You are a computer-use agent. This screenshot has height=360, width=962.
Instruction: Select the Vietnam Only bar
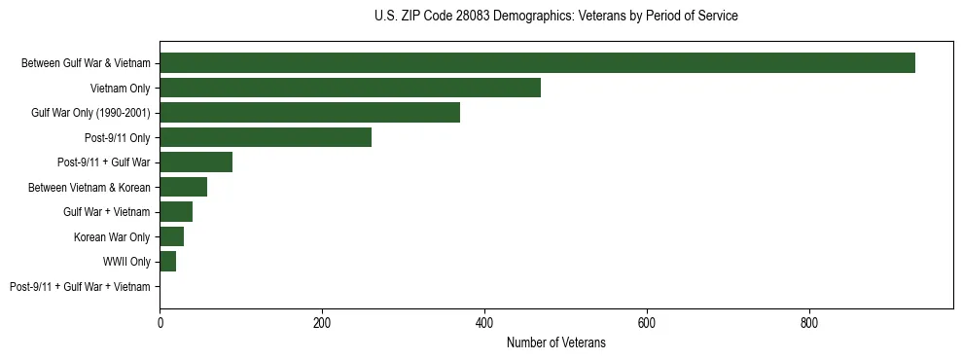pos(350,88)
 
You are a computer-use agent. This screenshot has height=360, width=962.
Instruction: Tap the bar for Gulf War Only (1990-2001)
pos(309,113)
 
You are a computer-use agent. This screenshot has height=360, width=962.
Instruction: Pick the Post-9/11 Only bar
pos(266,137)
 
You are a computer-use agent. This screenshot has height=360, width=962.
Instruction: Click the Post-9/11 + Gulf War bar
pos(196,162)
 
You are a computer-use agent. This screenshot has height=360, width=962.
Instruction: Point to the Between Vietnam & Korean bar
pos(183,187)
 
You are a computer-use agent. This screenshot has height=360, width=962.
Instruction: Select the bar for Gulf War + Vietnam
pos(176,212)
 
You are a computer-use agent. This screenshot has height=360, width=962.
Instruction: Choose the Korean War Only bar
pos(171,236)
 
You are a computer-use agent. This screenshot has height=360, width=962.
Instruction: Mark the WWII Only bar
pos(167,262)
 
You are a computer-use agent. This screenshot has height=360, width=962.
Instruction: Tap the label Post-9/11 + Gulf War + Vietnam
pos(80,287)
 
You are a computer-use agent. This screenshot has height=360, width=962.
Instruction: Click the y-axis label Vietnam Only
pos(120,89)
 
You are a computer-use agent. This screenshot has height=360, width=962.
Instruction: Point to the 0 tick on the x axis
pos(160,322)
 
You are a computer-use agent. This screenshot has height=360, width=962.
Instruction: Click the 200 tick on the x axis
pos(322,322)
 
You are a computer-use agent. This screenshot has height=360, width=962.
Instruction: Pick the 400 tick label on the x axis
pos(484,322)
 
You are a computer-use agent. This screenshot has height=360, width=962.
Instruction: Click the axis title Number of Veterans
pos(555,342)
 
